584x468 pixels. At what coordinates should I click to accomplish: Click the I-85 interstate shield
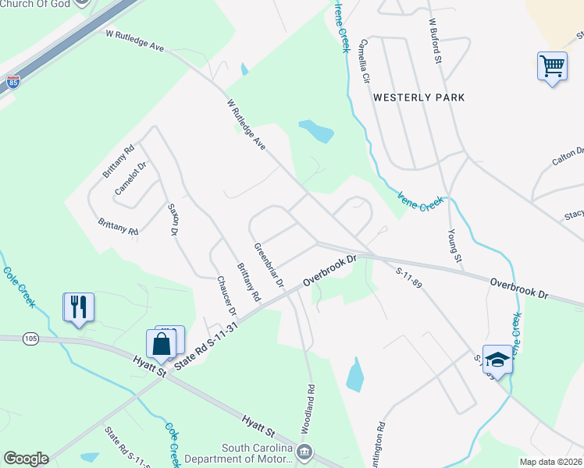click(x=12, y=81)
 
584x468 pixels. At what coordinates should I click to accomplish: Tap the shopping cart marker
click(x=552, y=66)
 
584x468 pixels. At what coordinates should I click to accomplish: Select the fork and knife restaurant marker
click(x=78, y=306)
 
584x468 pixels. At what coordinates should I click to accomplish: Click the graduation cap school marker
click(x=497, y=359)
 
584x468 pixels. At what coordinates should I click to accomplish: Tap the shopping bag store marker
click(x=161, y=343)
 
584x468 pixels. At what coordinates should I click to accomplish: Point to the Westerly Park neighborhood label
click(x=418, y=97)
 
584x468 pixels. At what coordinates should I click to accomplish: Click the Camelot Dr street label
click(x=130, y=179)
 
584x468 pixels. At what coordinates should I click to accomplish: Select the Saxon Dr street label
click(x=173, y=220)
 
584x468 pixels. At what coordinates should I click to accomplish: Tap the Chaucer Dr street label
click(x=226, y=296)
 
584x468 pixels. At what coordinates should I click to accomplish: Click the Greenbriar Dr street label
click(x=268, y=265)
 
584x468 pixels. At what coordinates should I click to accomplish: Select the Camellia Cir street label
click(x=363, y=62)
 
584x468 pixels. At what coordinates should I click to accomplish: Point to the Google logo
click(x=26, y=459)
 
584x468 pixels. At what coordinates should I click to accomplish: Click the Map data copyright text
click(x=551, y=462)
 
